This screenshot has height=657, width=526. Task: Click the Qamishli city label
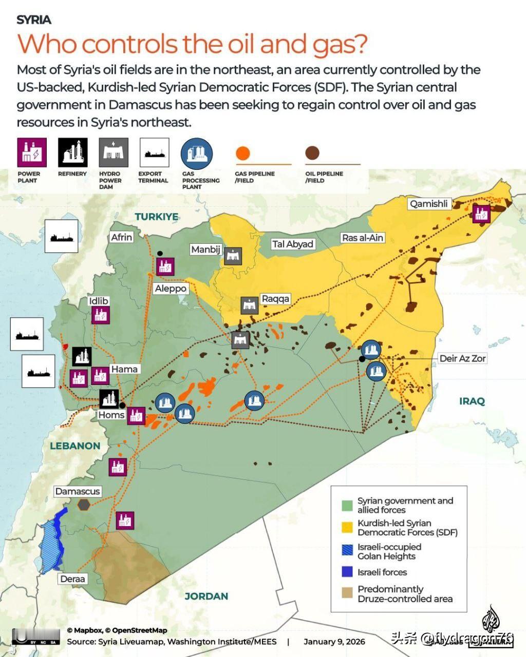(x=429, y=204)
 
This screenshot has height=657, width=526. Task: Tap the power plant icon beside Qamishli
(x=481, y=213)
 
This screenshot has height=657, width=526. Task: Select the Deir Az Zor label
(x=462, y=358)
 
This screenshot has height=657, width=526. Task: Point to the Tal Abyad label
(x=293, y=244)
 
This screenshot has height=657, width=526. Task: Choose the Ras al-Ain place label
(x=363, y=238)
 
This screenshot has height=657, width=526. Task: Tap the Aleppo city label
(x=171, y=288)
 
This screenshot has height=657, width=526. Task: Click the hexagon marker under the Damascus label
(x=83, y=505)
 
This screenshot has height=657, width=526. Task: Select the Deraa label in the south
(x=72, y=579)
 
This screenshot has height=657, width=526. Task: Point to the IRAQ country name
(x=472, y=401)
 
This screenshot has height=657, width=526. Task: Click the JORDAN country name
(x=206, y=596)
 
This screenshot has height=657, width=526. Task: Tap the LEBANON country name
(x=75, y=446)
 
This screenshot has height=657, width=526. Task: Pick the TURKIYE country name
(x=157, y=217)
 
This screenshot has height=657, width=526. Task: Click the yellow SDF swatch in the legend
(x=348, y=527)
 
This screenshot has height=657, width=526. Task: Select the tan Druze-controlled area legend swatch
(x=348, y=593)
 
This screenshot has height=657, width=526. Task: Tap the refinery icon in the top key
(x=72, y=152)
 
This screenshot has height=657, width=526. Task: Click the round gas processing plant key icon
(x=196, y=153)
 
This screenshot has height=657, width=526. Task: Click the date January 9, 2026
(x=334, y=642)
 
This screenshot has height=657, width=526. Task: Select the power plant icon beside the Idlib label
(x=100, y=315)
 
